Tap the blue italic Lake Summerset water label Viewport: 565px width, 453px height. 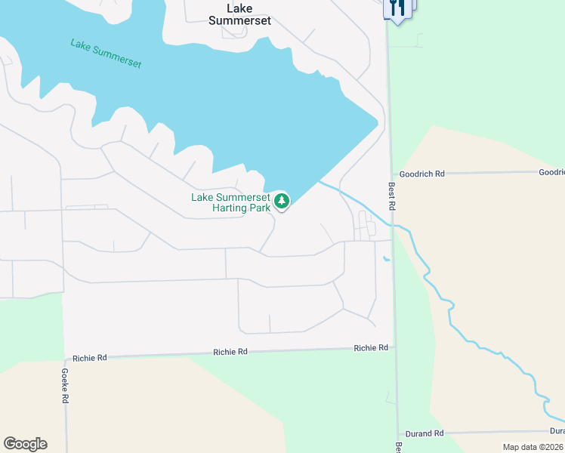pyautogui.click(x=107, y=54)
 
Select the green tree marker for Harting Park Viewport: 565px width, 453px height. pyautogui.click(x=281, y=201)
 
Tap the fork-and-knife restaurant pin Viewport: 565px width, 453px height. pyautogui.click(x=397, y=8)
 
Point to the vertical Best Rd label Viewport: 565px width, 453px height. pyautogui.click(x=392, y=196)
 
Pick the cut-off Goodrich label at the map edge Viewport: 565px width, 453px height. pyautogui.click(x=551, y=172)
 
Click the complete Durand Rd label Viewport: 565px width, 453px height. pyautogui.click(x=423, y=433)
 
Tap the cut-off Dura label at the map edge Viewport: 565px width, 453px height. pyautogui.click(x=557, y=431)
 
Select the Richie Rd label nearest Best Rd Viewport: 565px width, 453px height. pyautogui.click(x=371, y=348)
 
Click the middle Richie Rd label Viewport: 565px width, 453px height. pyautogui.click(x=230, y=352)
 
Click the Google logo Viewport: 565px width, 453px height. pyautogui.click(x=25, y=444)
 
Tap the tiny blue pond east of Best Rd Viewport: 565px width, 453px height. pyautogui.click(x=387, y=260)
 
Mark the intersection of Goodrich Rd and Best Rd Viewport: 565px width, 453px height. pyautogui.click(x=391, y=174)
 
